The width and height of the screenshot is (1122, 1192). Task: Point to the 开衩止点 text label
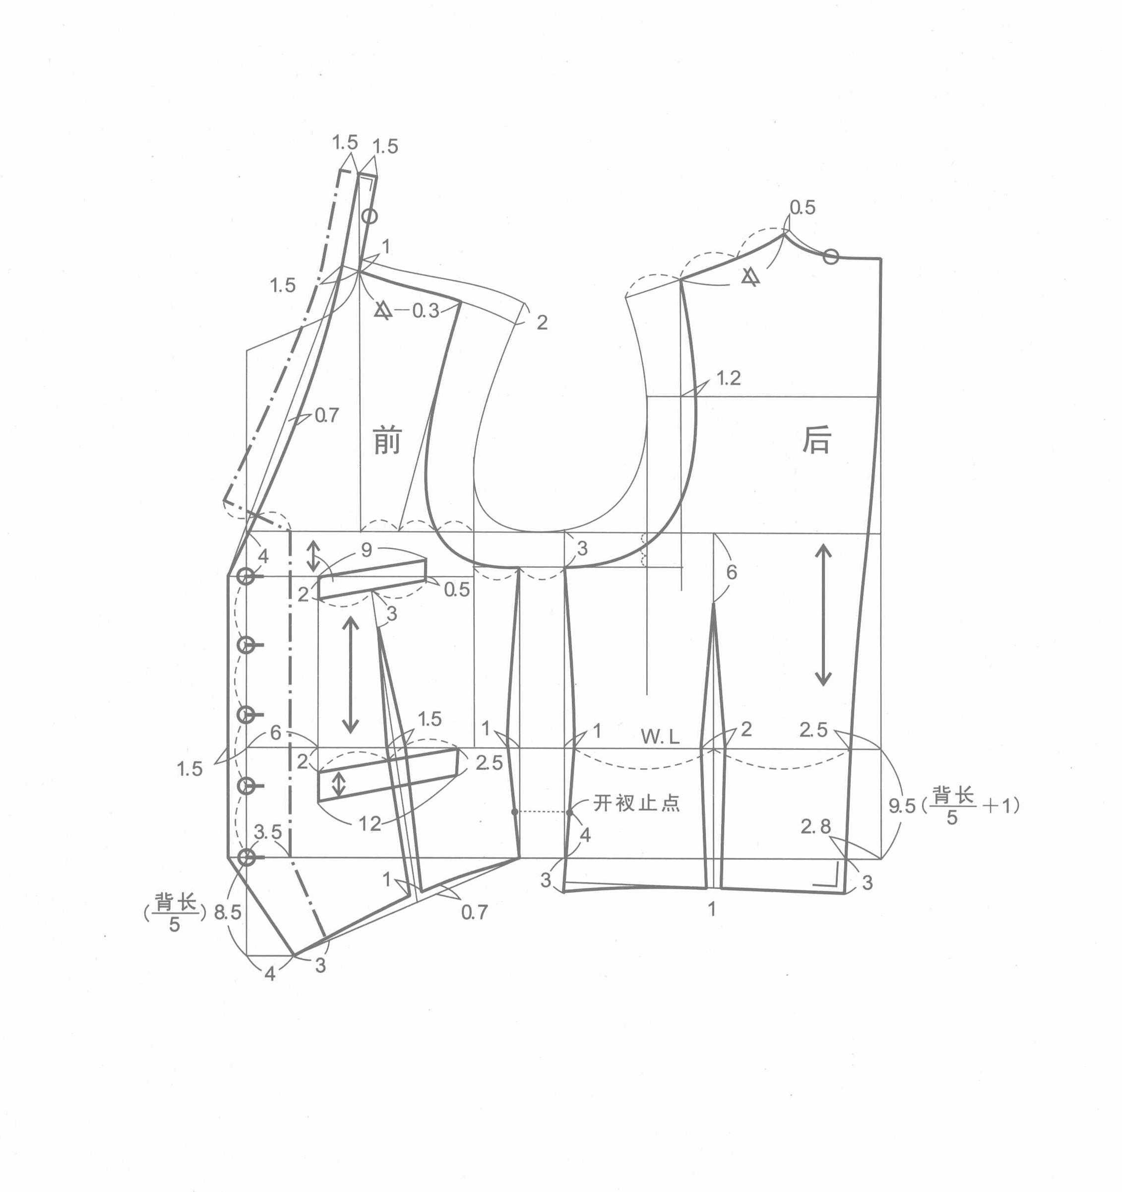(x=636, y=803)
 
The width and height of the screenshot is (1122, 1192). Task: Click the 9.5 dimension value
(x=902, y=806)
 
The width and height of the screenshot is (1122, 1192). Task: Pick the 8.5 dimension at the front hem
(x=227, y=912)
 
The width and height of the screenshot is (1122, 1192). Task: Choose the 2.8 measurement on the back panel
(x=816, y=827)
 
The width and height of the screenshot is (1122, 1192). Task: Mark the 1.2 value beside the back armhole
(x=729, y=378)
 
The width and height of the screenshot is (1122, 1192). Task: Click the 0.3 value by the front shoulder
(x=426, y=311)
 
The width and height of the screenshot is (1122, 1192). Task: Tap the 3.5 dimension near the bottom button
(x=268, y=832)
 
